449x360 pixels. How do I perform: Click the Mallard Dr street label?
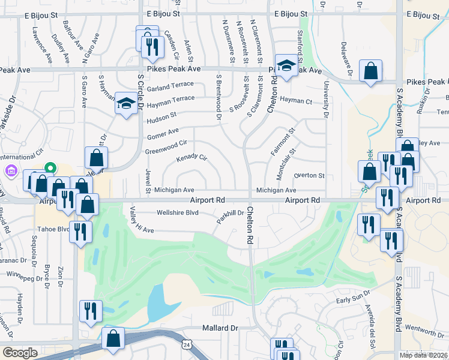click(x=220, y=328)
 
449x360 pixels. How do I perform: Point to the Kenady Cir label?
click(x=191, y=159)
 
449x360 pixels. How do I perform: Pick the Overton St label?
click(x=309, y=176)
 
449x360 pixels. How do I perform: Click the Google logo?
click(x=20, y=353)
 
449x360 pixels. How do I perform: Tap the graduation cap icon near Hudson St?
click(x=126, y=104)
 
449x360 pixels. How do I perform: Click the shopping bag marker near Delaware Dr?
click(x=371, y=70)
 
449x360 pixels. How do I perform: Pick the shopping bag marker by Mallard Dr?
click(x=113, y=338)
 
